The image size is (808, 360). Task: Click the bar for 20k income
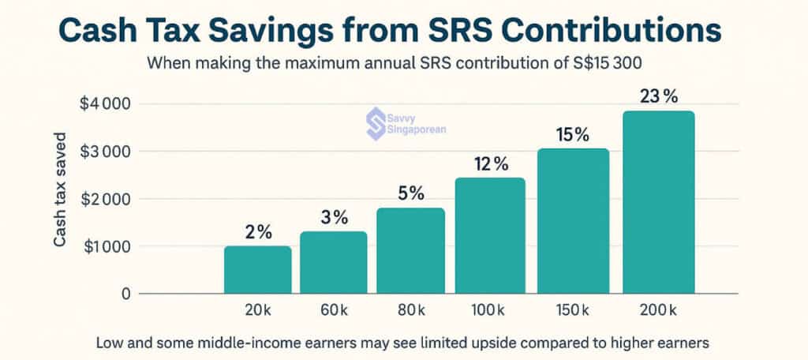pyautogui.click(x=257, y=270)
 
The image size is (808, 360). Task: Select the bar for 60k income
pyautogui.click(x=335, y=263)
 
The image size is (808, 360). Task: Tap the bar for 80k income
pyautogui.click(x=411, y=251)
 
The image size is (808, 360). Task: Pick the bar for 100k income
pyautogui.click(x=491, y=236)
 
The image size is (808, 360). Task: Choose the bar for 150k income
pyautogui.click(x=574, y=221)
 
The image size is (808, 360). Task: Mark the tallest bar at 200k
pyautogui.click(x=660, y=202)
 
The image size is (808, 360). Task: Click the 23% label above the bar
pyautogui.click(x=659, y=97)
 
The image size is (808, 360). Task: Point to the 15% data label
pyautogui.click(x=573, y=135)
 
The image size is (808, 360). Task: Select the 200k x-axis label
pyautogui.click(x=660, y=312)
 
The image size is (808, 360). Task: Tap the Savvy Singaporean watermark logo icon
pyautogui.click(x=375, y=121)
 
